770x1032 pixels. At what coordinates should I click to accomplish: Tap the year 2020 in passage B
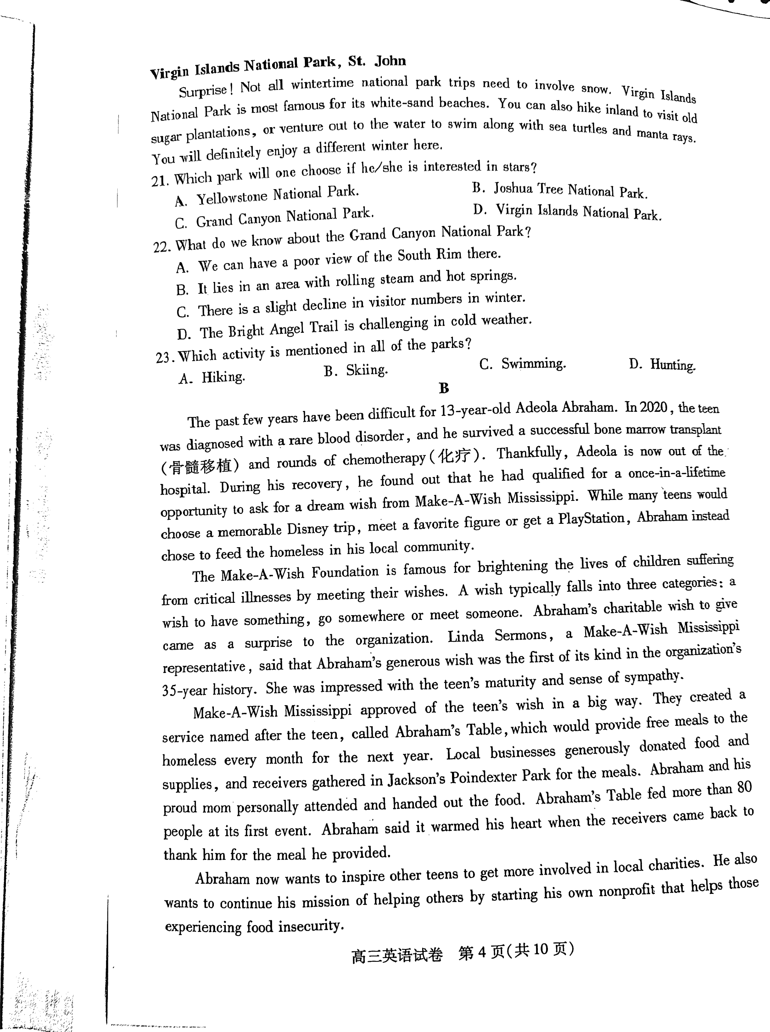coord(654,408)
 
